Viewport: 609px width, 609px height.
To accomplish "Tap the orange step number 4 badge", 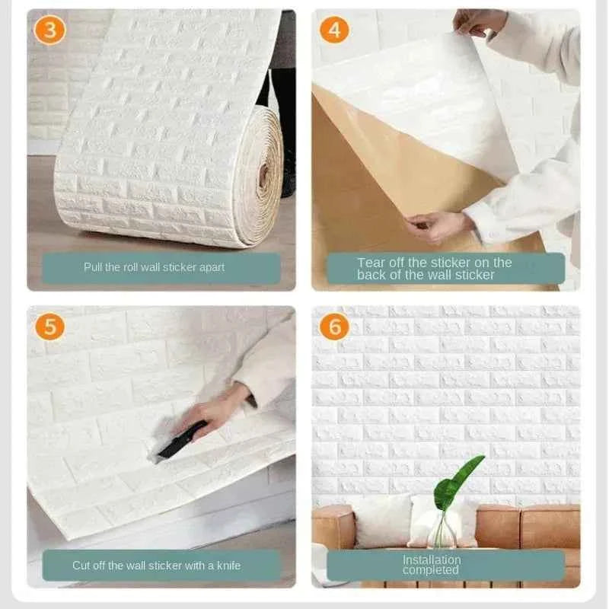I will click(x=335, y=30).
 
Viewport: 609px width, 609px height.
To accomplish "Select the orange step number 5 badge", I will click(x=49, y=327).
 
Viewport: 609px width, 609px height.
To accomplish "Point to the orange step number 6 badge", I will click(x=334, y=326).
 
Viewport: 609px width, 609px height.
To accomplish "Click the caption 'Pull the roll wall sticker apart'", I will click(x=155, y=267).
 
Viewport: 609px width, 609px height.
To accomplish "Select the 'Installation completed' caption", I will click(x=432, y=565).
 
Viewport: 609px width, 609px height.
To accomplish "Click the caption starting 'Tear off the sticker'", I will click(x=435, y=268).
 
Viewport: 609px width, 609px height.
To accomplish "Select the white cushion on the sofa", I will click(x=383, y=519).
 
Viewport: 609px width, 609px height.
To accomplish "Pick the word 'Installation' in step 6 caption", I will click(x=432, y=560).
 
